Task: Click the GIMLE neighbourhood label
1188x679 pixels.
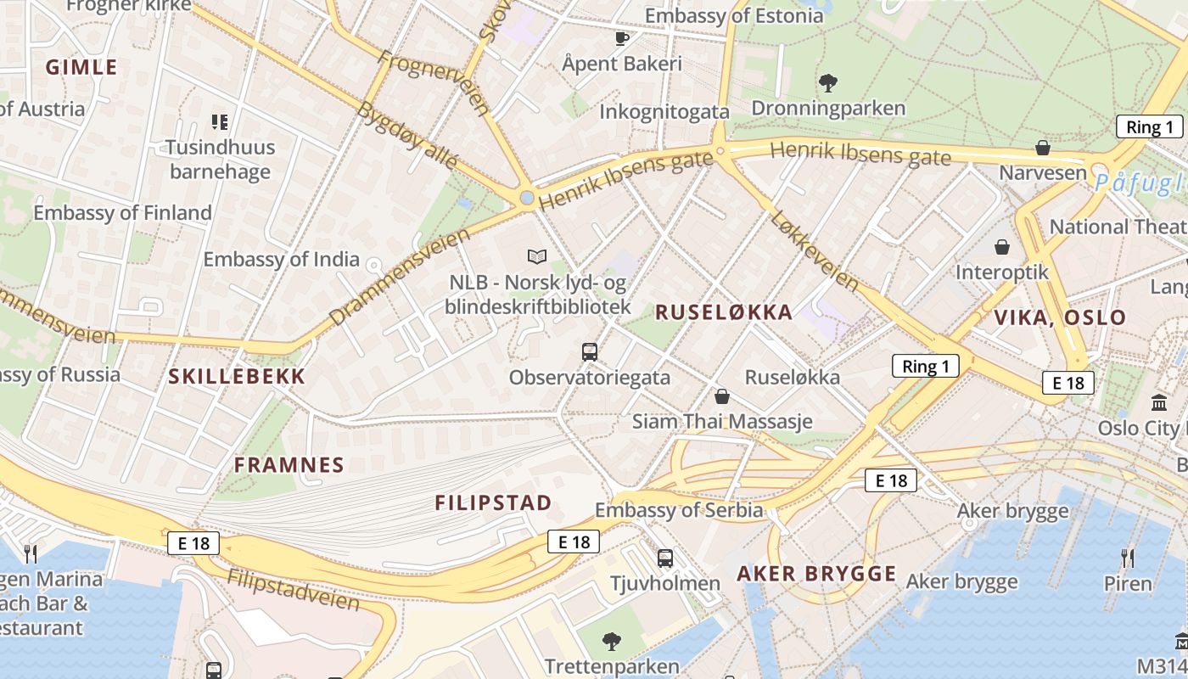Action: coord(81,67)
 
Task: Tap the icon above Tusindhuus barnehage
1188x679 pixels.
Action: coord(221,122)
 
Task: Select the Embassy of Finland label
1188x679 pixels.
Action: coord(123,212)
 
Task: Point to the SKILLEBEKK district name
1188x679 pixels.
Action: coord(237,377)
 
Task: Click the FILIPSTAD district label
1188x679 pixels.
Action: coord(493,502)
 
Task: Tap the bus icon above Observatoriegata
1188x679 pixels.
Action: coord(590,351)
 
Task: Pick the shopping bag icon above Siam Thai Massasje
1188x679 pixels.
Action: coord(722,396)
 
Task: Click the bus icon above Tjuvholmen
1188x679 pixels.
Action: coord(665,558)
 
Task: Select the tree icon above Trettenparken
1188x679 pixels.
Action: coord(611,641)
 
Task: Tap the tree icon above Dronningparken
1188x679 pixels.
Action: coord(828,83)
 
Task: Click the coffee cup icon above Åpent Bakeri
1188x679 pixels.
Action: coord(622,38)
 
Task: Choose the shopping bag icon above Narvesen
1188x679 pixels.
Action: coord(1043,149)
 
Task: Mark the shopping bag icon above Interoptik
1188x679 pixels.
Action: coord(1002,247)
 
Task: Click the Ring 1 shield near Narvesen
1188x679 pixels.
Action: coord(1149,127)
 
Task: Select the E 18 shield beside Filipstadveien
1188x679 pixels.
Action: coord(193,543)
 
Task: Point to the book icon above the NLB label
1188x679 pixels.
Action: coord(537,255)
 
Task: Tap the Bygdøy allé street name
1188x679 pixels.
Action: coord(407,137)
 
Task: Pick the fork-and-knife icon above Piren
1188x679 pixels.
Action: coord(1128,558)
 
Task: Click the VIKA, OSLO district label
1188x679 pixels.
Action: coord(1060,318)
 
